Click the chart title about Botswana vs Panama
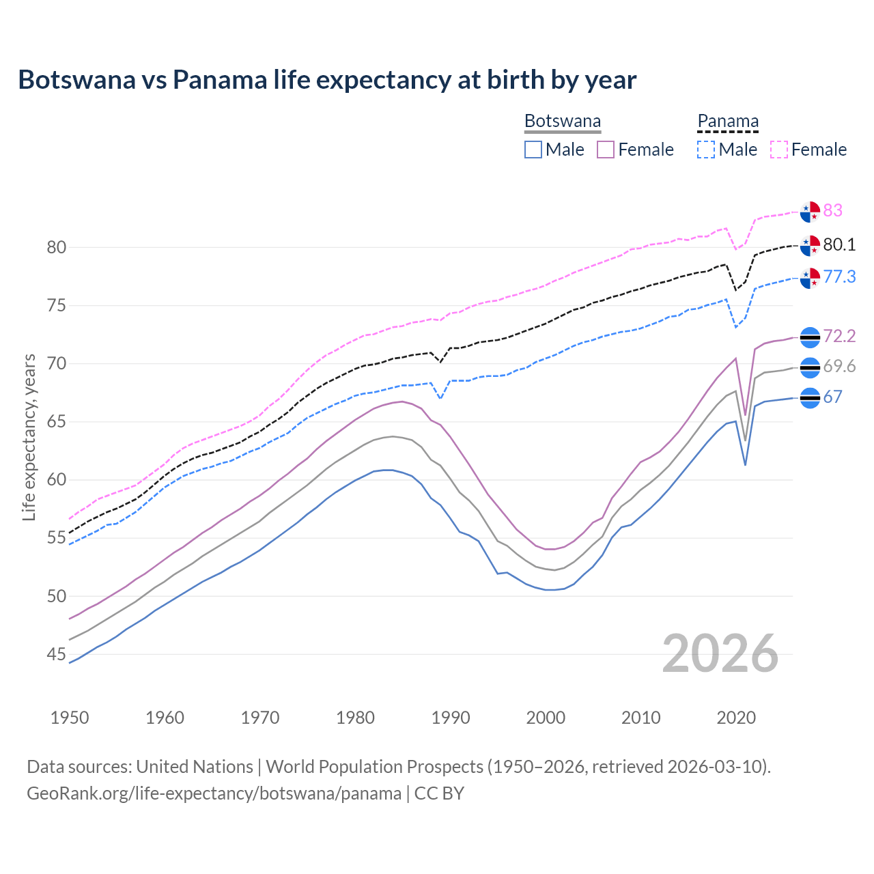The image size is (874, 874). click(327, 80)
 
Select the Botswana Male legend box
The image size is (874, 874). click(533, 150)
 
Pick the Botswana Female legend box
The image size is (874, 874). click(606, 150)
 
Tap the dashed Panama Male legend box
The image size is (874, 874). click(706, 150)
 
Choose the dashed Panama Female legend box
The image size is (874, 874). click(779, 150)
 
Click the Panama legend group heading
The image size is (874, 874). click(728, 122)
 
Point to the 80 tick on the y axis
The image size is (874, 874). click(57, 247)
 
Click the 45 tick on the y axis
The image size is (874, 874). click(57, 654)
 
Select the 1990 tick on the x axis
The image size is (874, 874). click(451, 718)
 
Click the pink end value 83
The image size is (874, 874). click(833, 210)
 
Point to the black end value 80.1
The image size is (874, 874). click(839, 244)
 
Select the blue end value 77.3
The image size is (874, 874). click(839, 277)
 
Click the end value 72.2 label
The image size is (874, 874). click(839, 336)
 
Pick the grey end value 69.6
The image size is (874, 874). click(839, 367)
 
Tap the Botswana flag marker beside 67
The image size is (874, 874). click(810, 397)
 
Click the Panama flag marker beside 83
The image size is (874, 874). click(810, 212)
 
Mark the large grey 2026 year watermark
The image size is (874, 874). click(720, 653)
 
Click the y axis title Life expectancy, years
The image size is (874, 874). click(29, 437)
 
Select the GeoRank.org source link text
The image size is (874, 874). click(214, 793)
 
